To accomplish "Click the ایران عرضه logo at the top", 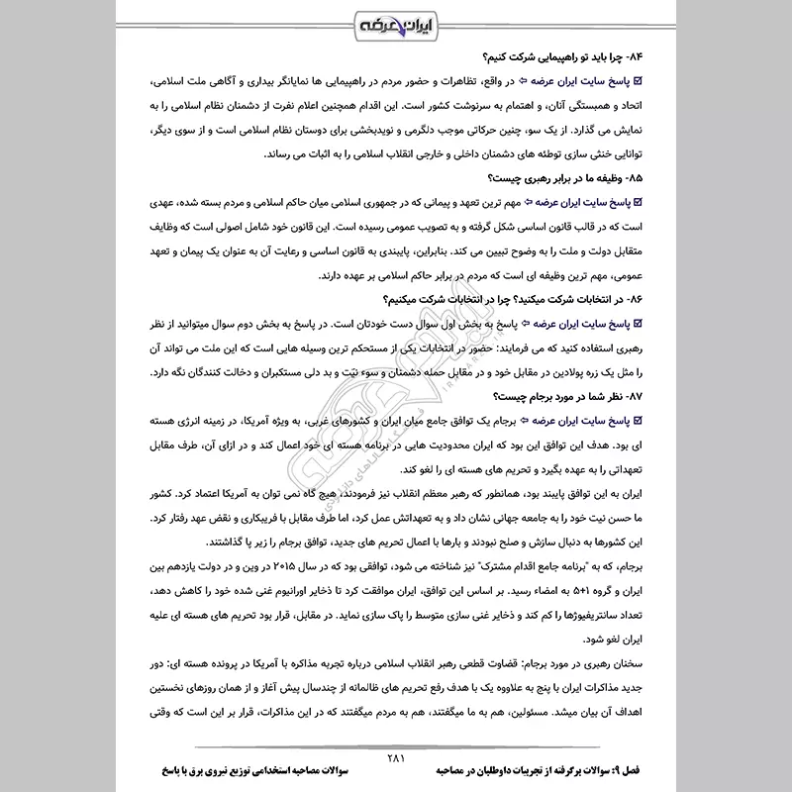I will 394,23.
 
